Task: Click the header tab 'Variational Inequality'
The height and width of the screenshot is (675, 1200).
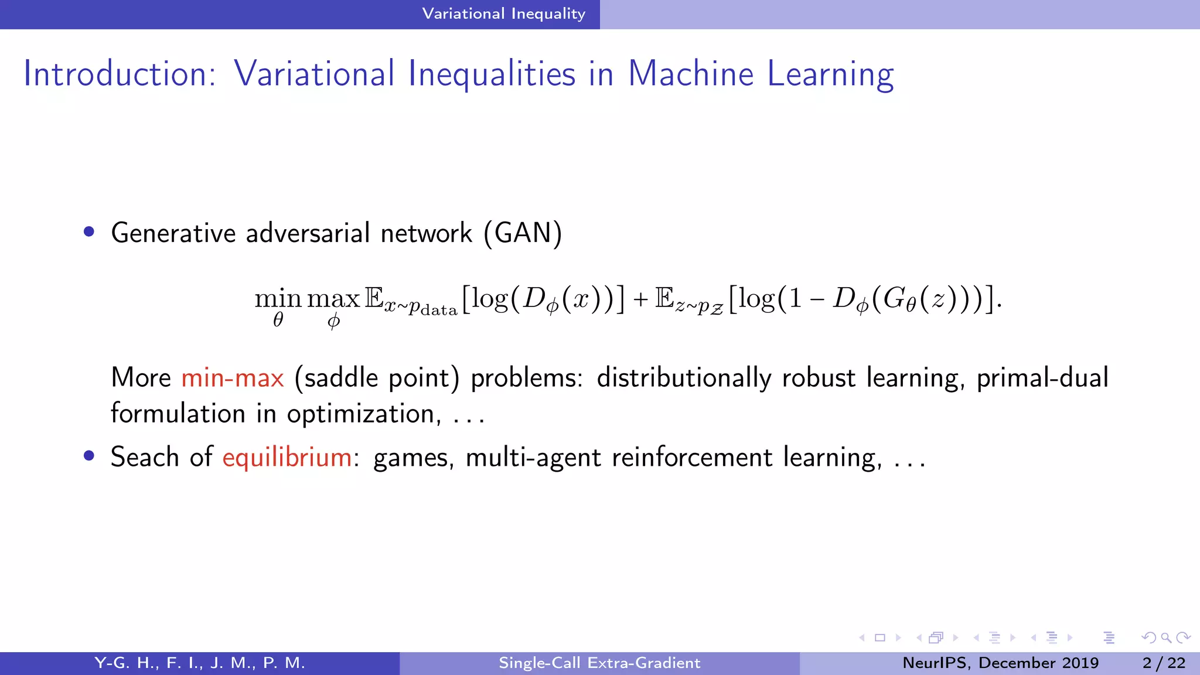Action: pos(503,14)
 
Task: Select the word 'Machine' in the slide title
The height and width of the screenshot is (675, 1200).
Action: pos(690,74)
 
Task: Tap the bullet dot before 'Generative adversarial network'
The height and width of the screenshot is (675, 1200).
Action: pos(89,232)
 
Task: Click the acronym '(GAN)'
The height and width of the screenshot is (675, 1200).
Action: pos(523,233)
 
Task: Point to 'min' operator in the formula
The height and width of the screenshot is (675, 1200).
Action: pos(278,299)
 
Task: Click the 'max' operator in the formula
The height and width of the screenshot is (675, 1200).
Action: pos(333,299)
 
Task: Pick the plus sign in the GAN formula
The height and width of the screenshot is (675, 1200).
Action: pos(640,300)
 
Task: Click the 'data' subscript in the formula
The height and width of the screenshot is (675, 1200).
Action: pos(438,310)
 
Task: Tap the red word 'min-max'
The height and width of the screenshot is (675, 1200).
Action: pos(233,378)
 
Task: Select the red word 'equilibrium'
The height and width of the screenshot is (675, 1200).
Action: pos(287,458)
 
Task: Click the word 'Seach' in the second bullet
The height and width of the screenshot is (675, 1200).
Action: pos(145,457)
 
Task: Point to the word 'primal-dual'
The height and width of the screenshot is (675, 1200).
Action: pos(1042,378)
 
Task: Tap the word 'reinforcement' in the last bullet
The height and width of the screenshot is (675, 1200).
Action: pos(692,457)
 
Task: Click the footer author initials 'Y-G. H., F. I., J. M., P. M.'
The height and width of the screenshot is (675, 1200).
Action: pos(200,663)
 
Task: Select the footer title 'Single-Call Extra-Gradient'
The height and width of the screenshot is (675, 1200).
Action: pos(599,663)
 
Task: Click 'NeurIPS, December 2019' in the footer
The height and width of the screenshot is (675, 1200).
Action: pos(1000,663)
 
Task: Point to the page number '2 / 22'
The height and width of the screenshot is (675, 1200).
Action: pos(1164,663)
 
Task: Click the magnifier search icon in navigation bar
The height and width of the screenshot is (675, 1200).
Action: pos(1165,637)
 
